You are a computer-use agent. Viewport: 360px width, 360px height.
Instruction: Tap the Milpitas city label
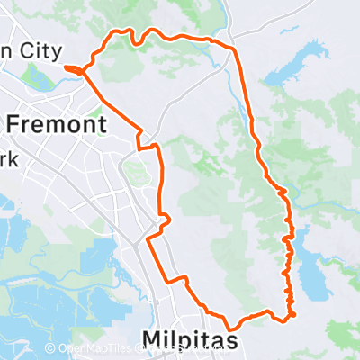(x=191, y=339)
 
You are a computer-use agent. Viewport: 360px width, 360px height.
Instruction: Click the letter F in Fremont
(x=14, y=124)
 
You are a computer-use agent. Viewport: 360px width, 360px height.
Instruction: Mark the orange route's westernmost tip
(x=67, y=67)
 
